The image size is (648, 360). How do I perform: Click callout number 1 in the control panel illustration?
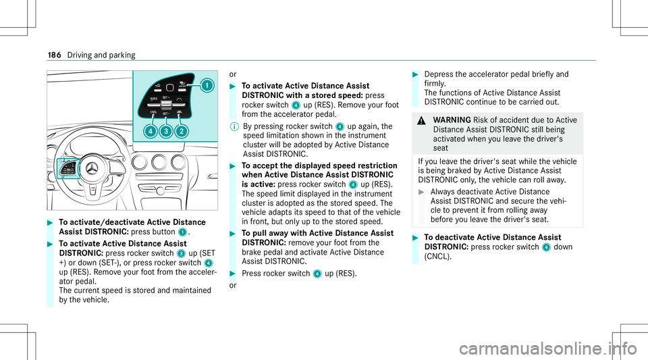click(x=205, y=86)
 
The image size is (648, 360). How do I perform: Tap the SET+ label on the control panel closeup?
click(x=166, y=98)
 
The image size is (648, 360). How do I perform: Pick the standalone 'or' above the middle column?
click(x=233, y=74)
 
